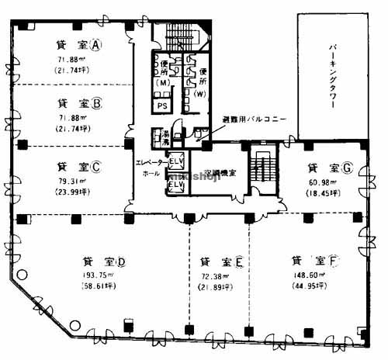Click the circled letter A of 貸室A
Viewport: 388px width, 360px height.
click(96, 45)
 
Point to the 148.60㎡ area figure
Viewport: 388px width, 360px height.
click(308, 275)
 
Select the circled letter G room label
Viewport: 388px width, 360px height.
click(348, 167)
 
